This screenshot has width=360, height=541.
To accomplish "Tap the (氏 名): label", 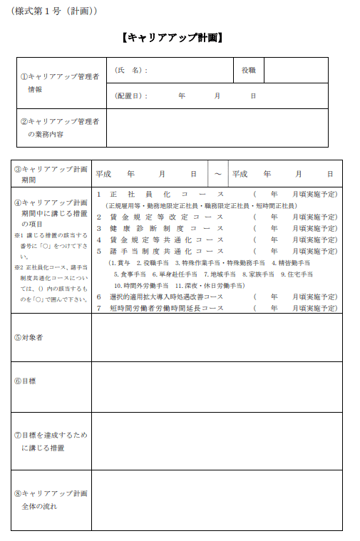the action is click(x=131, y=71).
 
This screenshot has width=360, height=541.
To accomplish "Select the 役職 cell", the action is click(x=248, y=71).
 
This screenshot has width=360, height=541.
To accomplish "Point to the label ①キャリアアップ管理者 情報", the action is click(x=60, y=83).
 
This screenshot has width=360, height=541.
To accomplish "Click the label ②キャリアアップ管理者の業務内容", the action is click(x=60, y=128).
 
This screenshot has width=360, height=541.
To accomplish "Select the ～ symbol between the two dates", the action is click(x=217, y=174).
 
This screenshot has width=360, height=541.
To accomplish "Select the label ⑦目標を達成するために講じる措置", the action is click(x=50, y=440).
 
